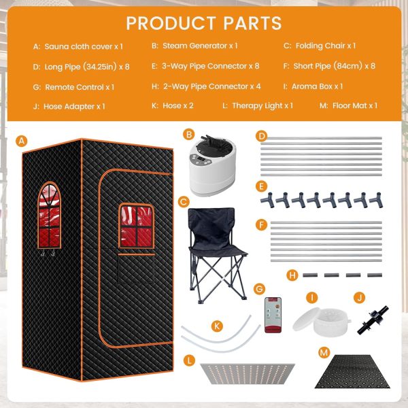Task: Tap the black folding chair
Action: (x=217, y=254)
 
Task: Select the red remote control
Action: (x=273, y=315)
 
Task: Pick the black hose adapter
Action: (x=373, y=320)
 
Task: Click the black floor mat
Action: (x=352, y=371)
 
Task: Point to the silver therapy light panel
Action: (x=248, y=373)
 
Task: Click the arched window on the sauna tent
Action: (x=49, y=215)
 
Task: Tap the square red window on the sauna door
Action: (x=137, y=226)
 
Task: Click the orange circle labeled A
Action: (x=21, y=141)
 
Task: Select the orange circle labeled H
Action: (x=292, y=275)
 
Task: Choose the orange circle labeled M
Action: (x=324, y=353)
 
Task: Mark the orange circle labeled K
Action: (x=217, y=326)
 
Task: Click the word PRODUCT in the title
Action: (x=171, y=23)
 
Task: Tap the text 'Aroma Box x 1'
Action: (x=317, y=86)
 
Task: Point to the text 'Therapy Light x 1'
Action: (x=262, y=105)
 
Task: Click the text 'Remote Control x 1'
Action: (x=80, y=87)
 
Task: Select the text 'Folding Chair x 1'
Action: (x=326, y=46)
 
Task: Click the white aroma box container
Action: (x=322, y=322)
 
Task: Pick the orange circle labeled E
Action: (x=261, y=186)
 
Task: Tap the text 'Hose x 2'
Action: (x=178, y=105)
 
